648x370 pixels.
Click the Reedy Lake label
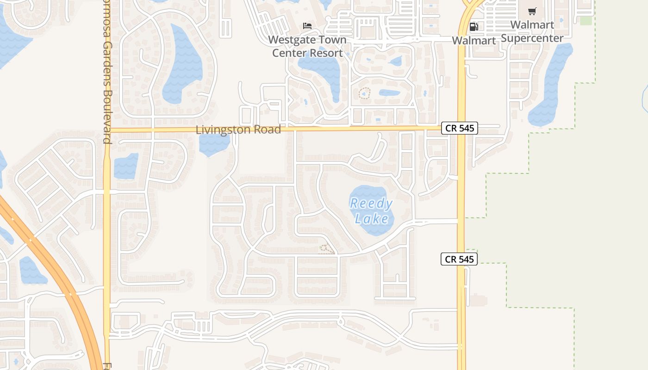pos(371,210)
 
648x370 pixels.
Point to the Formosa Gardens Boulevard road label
pos(107,74)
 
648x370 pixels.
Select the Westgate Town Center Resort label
pos(307,46)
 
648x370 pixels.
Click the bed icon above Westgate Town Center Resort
pos(307,26)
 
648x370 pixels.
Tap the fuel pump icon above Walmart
pos(474,27)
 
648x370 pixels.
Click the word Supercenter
pos(532,38)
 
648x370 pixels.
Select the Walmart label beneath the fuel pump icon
pos(474,40)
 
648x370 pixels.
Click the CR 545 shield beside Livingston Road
pos(459,128)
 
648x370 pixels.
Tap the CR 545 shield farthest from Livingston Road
pos(459,259)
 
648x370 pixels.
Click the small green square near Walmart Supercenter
pos(586,21)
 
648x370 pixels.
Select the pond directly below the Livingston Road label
pos(214,145)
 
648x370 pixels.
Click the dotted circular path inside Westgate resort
pos(365,93)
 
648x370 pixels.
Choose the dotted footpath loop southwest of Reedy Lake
pos(326,250)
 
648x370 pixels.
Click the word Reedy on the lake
pos(371,203)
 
